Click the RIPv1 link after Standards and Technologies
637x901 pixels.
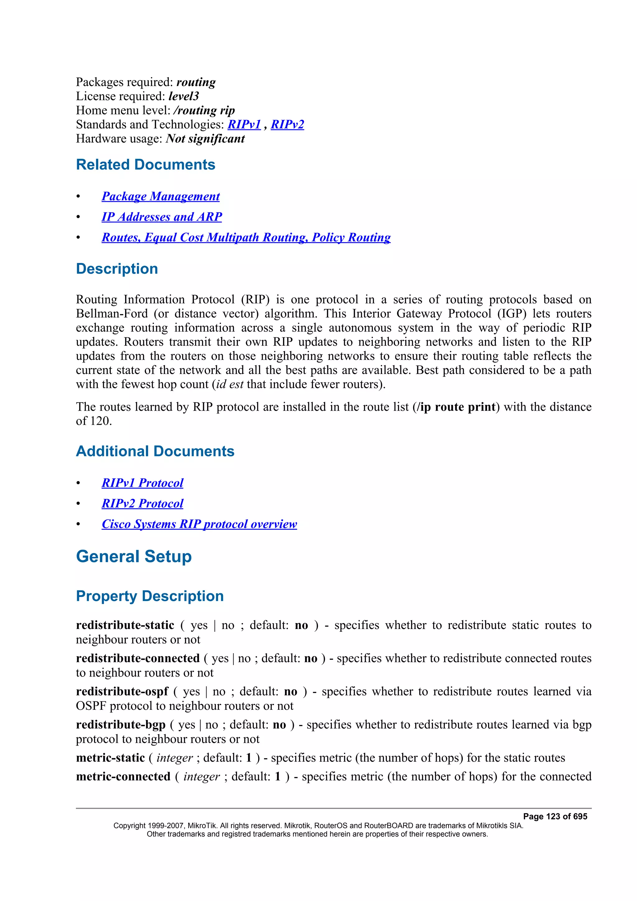[244, 124]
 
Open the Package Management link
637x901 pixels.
[160, 196]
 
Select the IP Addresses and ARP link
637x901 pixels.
[162, 217]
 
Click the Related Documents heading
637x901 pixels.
[146, 164]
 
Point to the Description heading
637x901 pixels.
[117, 269]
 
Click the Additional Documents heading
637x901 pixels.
[155, 451]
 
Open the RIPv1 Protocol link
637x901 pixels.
[142, 483]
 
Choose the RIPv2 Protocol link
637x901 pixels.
[142, 503]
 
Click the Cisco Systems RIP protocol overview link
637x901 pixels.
[199, 524]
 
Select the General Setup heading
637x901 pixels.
[134, 557]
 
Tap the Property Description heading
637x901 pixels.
[150, 596]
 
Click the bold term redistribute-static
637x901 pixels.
[125, 625]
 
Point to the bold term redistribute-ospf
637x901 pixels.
[122, 691]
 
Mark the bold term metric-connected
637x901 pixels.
[123, 777]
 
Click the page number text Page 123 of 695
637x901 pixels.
[555, 817]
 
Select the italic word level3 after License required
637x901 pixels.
[184, 96]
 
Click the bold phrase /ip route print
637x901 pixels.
[457, 407]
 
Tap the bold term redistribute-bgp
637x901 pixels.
[120, 724]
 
